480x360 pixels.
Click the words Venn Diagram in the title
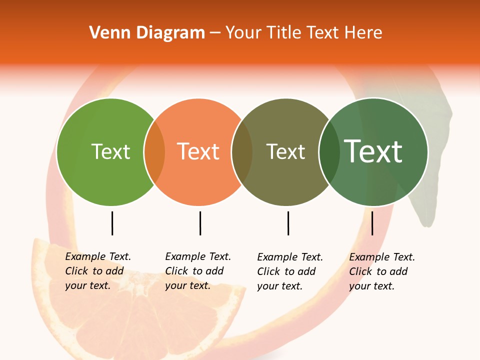[147, 33]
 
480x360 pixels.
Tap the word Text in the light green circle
[110, 151]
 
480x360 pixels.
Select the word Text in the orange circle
[198, 151]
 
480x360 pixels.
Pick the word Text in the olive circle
[285, 151]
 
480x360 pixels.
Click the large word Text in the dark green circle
[373, 151]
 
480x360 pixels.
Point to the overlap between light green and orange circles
[154, 152]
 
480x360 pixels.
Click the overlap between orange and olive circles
[242, 152]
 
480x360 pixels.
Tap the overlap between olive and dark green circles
[329, 152]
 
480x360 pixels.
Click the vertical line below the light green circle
[112, 223]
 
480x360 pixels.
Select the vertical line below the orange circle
[200, 223]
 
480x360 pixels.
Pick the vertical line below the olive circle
[288, 223]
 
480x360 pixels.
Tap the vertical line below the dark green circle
[372, 223]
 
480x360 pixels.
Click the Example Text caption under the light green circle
[97, 271]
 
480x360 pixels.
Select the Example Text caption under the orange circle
[197, 271]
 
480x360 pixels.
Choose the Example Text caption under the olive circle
[289, 271]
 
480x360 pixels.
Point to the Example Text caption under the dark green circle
[381, 271]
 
